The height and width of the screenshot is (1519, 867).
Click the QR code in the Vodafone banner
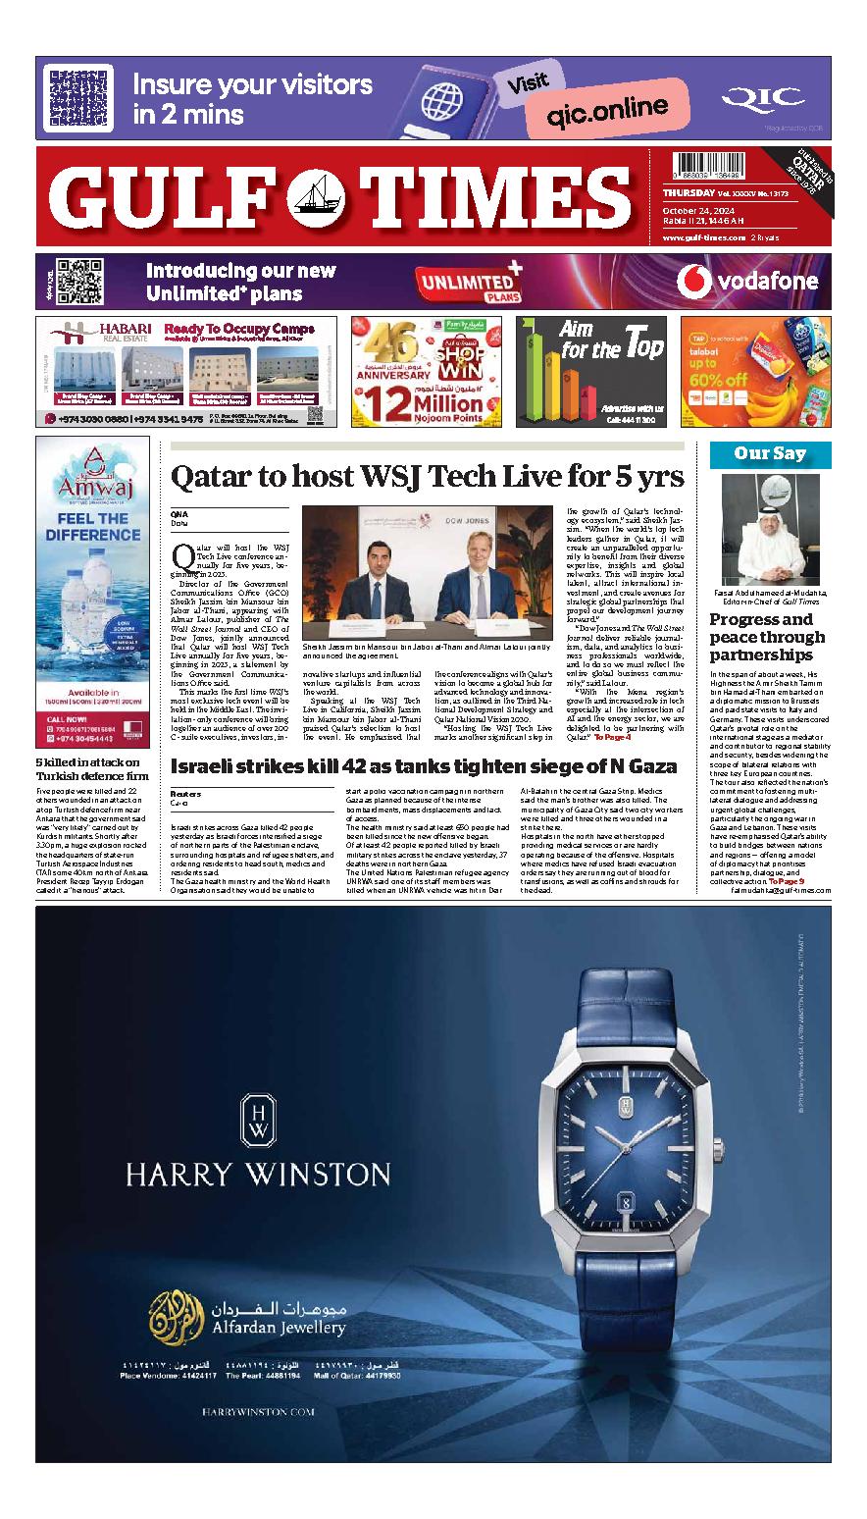[79, 281]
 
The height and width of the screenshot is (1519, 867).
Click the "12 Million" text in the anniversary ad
[427, 400]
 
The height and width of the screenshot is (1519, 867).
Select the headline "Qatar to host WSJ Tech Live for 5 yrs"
[427, 478]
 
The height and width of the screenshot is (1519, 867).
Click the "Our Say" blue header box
[769, 454]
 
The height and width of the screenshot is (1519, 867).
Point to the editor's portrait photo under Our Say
[770, 530]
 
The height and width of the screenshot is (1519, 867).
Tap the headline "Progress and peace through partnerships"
[767, 637]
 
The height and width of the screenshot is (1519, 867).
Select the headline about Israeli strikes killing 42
[424, 738]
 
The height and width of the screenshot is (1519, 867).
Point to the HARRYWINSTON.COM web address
[258, 1411]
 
